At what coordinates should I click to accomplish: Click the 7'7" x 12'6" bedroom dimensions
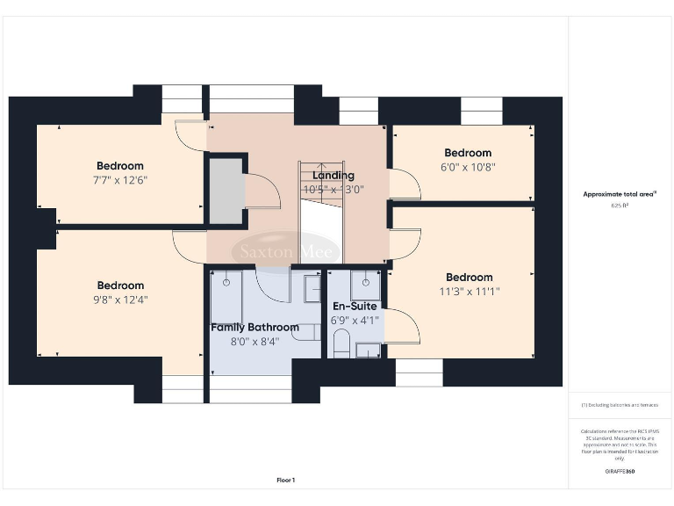(x=120, y=180)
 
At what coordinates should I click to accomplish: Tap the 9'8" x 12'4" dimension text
(x=120, y=300)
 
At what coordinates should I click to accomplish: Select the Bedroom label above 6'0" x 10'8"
(x=468, y=153)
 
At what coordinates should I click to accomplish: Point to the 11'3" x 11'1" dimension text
(x=468, y=292)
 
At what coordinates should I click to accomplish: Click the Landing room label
(x=333, y=176)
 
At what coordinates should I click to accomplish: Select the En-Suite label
(x=355, y=307)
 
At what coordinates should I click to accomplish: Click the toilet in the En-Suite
(x=342, y=343)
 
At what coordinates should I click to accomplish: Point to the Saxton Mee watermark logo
(x=285, y=252)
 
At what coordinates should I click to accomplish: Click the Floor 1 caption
(x=286, y=480)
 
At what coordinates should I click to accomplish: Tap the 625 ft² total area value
(x=620, y=206)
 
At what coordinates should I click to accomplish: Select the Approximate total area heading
(x=620, y=194)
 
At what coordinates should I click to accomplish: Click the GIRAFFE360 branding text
(x=620, y=472)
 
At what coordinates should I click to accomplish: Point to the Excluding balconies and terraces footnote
(x=620, y=405)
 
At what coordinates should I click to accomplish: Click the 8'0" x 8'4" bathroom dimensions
(x=255, y=341)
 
